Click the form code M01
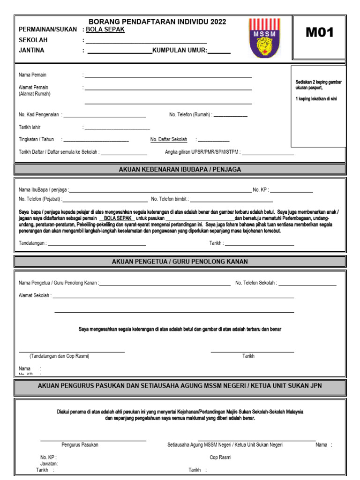pyautogui.click(x=320, y=32)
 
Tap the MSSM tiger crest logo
pyautogui.click(x=264, y=38)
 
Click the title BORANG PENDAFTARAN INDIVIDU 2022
pyautogui.click(x=157, y=22)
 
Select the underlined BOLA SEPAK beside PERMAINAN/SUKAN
pyautogui.click(x=105, y=29)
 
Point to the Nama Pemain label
pyautogui.click(x=32, y=75)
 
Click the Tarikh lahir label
pyautogui.click(x=30, y=127)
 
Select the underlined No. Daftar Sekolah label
pyautogui.click(x=169, y=139)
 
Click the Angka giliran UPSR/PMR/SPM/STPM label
pyautogui.click(x=202, y=152)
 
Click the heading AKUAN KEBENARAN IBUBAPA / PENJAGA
pyautogui.click(x=180, y=169)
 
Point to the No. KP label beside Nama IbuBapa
pyautogui.click(x=260, y=190)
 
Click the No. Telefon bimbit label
pyautogui.click(x=169, y=199)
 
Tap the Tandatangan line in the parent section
pyautogui.click(x=97, y=245)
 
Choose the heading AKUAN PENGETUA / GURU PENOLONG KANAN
pyautogui.click(x=180, y=261)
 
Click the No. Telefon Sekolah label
pyautogui.click(x=255, y=283)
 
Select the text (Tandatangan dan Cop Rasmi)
pyautogui.click(x=59, y=356)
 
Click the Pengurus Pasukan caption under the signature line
pyautogui.click(x=80, y=445)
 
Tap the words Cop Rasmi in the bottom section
pyautogui.click(x=220, y=457)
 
